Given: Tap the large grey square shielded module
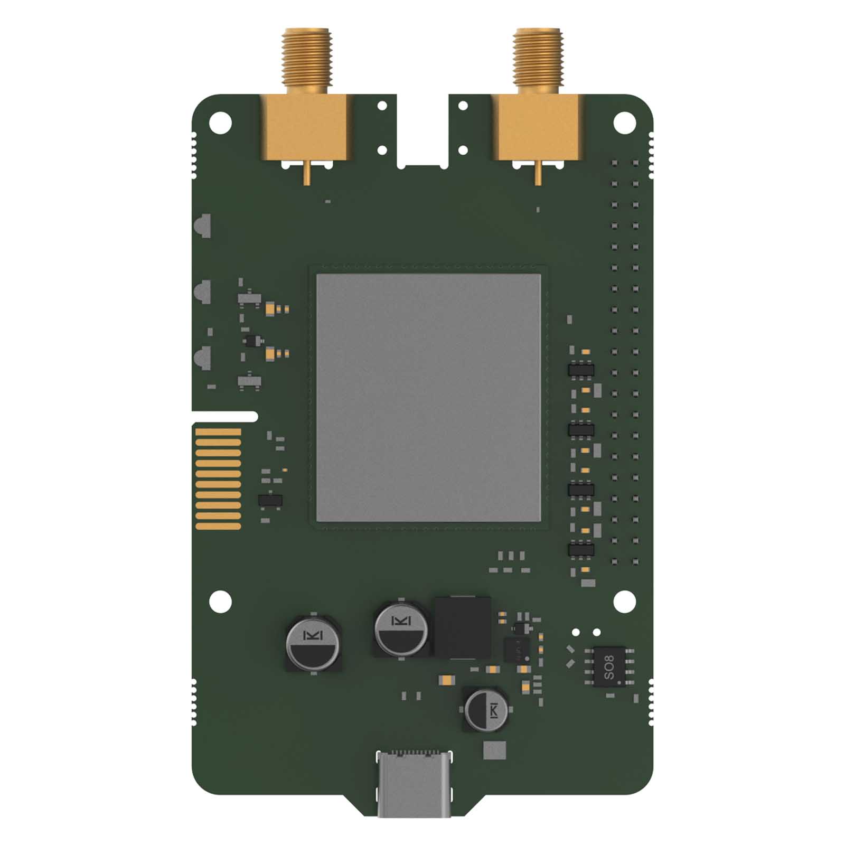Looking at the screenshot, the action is (x=428, y=397).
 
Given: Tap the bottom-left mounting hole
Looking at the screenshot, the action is (x=220, y=602).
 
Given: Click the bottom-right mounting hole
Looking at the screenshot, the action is (x=624, y=602).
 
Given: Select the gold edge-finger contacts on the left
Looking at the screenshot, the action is (x=218, y=478).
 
